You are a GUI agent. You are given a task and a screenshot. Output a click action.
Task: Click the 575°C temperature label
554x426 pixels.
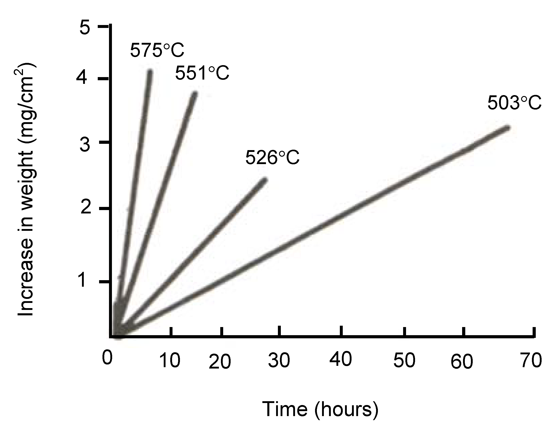pyautogui.click(x=157, y=50)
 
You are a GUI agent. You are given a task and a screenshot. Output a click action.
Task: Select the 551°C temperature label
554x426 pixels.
pyautogui.click(x=202, y=73)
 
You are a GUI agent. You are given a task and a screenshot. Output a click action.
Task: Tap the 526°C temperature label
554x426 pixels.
pyautogui.click(x=272, y=158)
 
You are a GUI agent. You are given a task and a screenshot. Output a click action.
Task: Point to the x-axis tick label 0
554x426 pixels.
pyautogui.click(x=107, y=358)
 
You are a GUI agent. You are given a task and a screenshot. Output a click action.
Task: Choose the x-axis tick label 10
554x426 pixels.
pyautogui.click(x=170, y=361)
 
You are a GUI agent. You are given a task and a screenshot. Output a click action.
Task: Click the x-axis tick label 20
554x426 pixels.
pyautogui.click(x=220, y=362)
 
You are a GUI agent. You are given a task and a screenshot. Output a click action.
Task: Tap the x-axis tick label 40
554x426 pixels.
pyautogui.click(x=341, y=359)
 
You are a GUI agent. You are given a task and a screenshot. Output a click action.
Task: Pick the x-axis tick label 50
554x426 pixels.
pyautogui.click(x=404, y=361)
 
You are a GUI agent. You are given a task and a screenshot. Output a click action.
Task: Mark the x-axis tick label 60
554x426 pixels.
pyautogui.click(x=461, y=362)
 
